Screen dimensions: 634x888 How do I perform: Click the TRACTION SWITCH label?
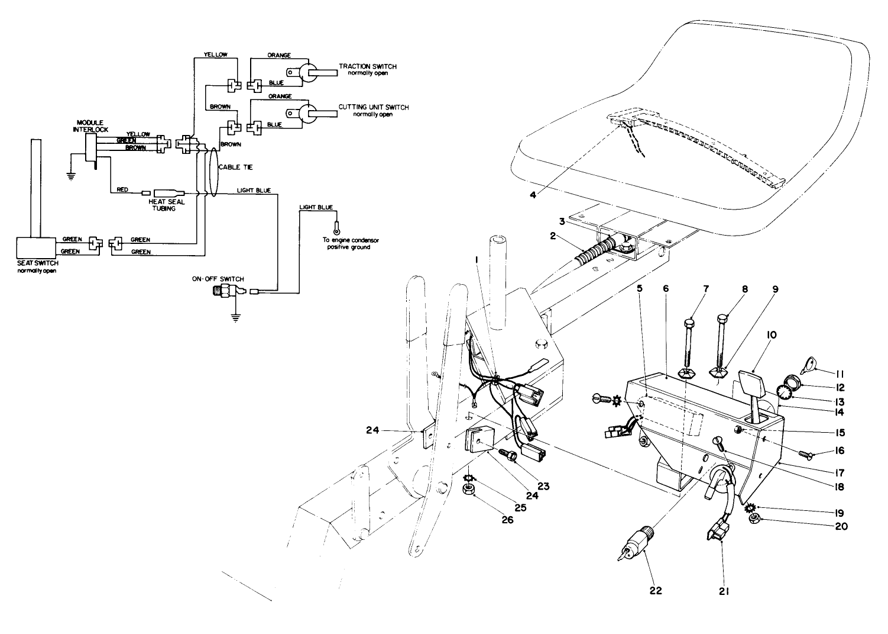click(367, 67)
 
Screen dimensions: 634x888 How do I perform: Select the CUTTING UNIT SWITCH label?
click(373, 107)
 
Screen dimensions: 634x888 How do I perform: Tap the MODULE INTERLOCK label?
click(88, 125)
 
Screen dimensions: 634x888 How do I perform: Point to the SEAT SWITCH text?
click(37, 263)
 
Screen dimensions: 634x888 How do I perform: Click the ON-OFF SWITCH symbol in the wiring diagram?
click(225, 292)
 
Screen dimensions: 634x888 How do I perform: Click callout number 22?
click(655, 590)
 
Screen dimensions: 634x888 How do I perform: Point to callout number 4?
click(533, 195)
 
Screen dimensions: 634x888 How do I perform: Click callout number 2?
click(552, 236)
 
